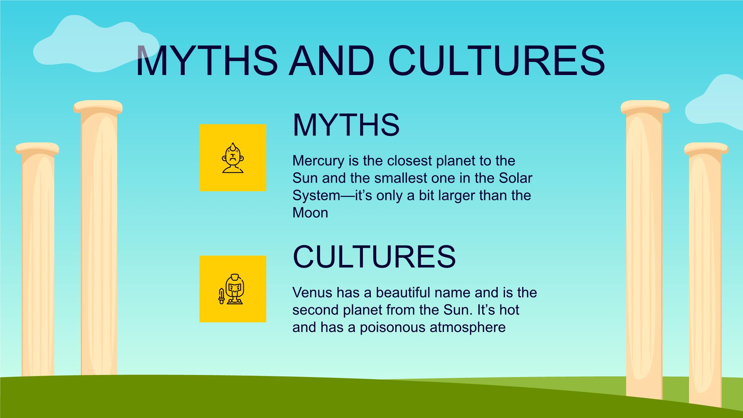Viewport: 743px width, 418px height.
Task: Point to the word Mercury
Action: click(x=319, y=161)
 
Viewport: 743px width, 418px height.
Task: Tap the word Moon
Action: click(x=310, y=213)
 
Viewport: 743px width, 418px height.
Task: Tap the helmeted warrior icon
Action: click(x=235, y=289)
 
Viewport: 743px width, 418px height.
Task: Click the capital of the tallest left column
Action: click(x=98, y=107)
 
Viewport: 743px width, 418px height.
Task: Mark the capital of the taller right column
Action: click(x=645, y=107)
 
